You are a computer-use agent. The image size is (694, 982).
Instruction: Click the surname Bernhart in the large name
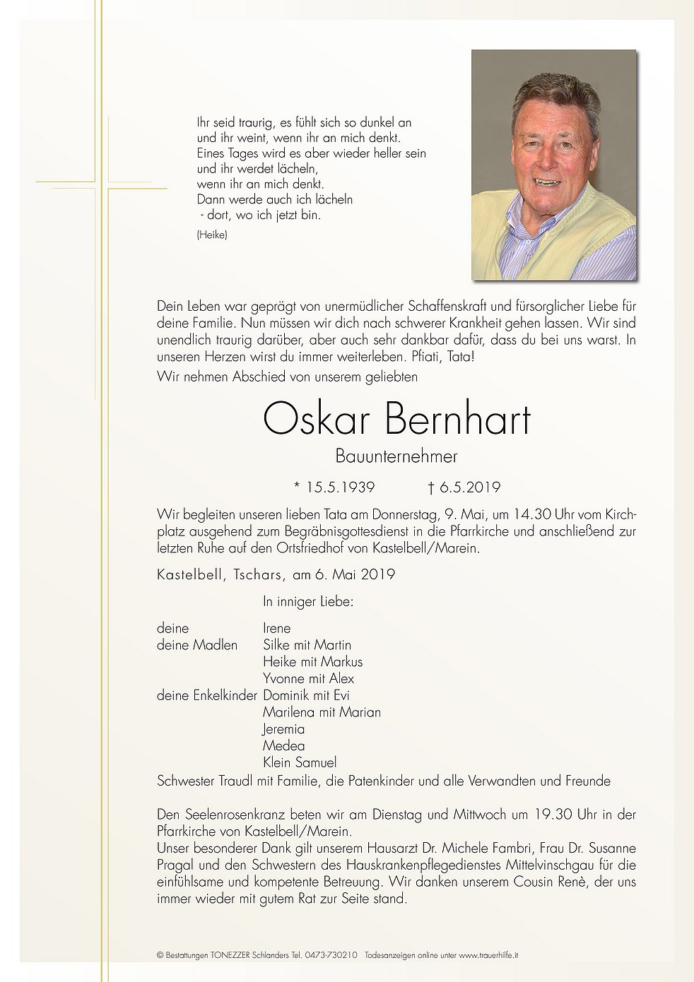pyautogui.click(x=458, y=419)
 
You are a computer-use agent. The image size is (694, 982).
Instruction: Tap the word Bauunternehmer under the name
pyautogui.click(x=396, y=456)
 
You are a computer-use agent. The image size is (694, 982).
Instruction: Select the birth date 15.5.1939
pyautogui.click(x=339, y=487)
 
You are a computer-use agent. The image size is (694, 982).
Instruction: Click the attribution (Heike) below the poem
pyautogui.click(x=212, y=235)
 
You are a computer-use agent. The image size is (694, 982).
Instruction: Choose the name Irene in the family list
pyautogui.click(x=276, y=628)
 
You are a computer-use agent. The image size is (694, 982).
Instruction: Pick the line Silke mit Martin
pyautogui.click(x=307, y=644)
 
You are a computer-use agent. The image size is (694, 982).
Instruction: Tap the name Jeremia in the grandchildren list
pyautogui.click(x=283, y=729)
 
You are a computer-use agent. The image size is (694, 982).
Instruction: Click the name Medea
pyautogui.click(x=283, y=745)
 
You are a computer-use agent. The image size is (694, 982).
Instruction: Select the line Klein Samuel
pyautogui.click(x=300, y=762)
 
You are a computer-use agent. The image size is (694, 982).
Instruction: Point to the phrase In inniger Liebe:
pyautogui.click(x=308, y=602)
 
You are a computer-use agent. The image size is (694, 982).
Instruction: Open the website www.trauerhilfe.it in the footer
pyautogui.click(x=488, y=955)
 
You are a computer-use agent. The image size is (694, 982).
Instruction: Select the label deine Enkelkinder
pyautogui.click(x=206, y=695)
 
